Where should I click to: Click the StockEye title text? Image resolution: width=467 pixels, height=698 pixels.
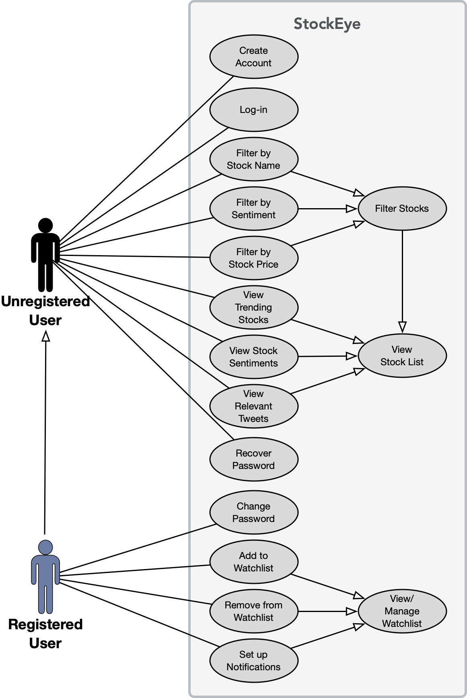pyautogui.click(x=327, y=24)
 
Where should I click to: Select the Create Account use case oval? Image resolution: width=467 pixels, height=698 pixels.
pyautogui.click(x=253, y=57)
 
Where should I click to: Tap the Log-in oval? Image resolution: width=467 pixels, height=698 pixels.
pyautogui.click(x=253, y=110)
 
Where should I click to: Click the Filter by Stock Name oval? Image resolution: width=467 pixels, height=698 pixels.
pyautogui.click(x=253, y=159)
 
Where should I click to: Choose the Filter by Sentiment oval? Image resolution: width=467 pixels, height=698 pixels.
pyautogui.click(x=253, y=209)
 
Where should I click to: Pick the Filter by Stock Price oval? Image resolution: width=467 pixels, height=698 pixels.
pyautogui.click(x=253, y=258)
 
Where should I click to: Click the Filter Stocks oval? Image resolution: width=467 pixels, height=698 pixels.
pyautogui.click(x=402, y=209)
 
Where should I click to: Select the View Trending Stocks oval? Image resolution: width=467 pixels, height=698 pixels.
pyautogui.click(x=253, y=307)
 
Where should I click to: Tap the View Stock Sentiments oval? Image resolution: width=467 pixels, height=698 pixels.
pyautogui.click(x=253, y=357)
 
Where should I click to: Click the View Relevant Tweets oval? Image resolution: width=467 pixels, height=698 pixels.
pyautogui.click(x=253, y=406)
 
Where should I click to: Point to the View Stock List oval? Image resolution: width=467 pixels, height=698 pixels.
pyautogui.click(x=402, y=356)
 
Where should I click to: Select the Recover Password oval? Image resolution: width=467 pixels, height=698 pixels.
pyautogui.click(x=253, y=459)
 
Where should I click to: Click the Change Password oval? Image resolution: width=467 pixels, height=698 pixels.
pyautogui.click(x=253, y=512)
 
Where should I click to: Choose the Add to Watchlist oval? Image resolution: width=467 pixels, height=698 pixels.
pyautogui.click(x=253, y=562)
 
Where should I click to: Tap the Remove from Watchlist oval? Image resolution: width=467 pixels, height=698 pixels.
pyautogui.click(x=253, y=611)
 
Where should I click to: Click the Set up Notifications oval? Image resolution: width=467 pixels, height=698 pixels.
pyautogui.click(x=253, y=661)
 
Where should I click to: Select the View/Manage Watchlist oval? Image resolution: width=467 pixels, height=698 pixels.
pyautogui.click(x=402, y=611)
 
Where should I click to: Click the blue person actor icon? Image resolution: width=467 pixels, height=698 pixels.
pyautogui.click(x=45, y=577)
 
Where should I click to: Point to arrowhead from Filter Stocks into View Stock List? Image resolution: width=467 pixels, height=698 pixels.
pyautogui.click(x=402, y=327)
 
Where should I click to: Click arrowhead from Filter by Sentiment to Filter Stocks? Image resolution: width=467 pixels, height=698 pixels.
pyautogui.click(x=352, y=209)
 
